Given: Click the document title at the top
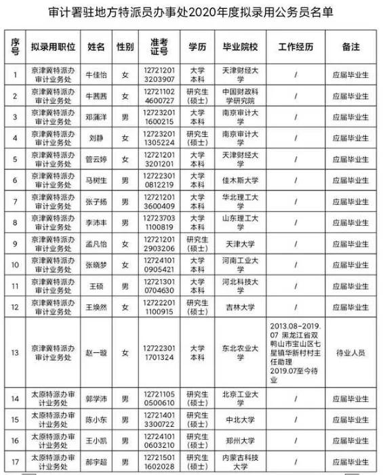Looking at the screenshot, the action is (191, 13).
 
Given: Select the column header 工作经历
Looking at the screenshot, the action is (296, 47).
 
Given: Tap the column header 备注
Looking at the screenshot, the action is (351, 47).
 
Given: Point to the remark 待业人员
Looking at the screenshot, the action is (351, 352).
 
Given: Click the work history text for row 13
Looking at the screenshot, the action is (296, 352).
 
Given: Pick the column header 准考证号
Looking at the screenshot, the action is (160, 47).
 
